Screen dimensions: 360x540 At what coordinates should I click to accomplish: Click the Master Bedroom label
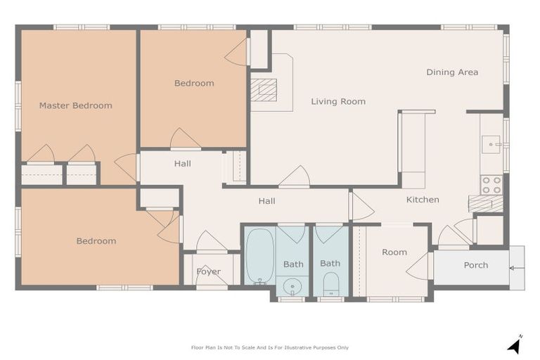pos(75,105)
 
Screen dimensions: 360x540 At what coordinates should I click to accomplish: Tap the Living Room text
pos(338,101)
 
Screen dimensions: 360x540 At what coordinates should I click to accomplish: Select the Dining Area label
pos(452,72)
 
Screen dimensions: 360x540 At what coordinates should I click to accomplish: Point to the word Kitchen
pos(423,200)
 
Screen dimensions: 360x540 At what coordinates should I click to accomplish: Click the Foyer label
pos(208,271)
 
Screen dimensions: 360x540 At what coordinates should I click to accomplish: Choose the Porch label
pos(475,265)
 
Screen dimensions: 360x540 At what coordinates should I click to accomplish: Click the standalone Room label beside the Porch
pos(394,252)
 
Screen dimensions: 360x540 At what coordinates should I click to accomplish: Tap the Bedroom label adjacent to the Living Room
pos(194,83)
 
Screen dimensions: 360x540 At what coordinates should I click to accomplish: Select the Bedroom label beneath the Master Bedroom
pos(96,241)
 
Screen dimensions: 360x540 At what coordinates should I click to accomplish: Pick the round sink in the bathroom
pos(292,286)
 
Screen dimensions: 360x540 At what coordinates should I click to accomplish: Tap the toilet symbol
pos(330,285)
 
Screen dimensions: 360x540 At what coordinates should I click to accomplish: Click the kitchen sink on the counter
pos(491,144)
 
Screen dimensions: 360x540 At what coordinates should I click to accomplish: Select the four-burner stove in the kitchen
pos(491,185)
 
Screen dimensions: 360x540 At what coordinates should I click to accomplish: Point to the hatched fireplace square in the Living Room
pos(264,90)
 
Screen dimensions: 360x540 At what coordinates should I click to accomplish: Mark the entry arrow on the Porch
pos(513,268)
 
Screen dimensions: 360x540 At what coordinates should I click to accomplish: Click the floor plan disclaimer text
pos(270,347)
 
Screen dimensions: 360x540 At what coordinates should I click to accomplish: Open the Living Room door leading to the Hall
pos(294,177)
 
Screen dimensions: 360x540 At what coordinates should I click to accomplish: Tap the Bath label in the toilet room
pos(330,264)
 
